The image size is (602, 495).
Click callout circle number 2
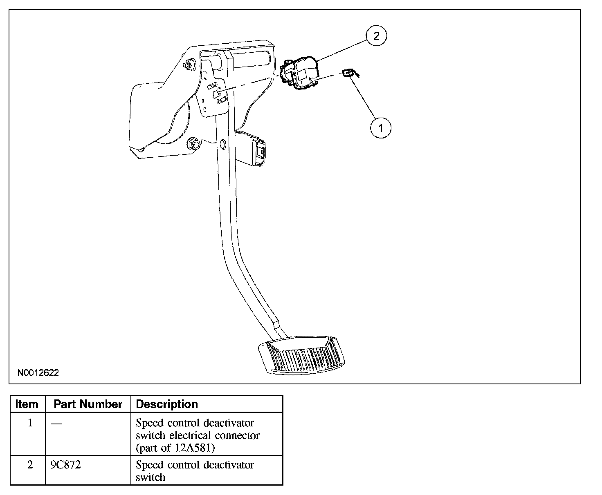pos(376,36)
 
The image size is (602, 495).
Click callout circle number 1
pos(380,128)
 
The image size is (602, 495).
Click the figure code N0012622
pos(38,373)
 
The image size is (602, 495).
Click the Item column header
pos(27,404)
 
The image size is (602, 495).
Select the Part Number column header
pos(88,404)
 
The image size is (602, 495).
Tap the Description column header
pos(167,404)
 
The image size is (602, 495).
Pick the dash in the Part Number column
pos(56,423)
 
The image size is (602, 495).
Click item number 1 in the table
pos(30,423)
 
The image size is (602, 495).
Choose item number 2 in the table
pos(30,465)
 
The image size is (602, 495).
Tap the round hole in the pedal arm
pos(222,144)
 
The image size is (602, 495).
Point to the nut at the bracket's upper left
pos(189,65)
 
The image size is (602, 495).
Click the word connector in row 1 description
pos(237,435)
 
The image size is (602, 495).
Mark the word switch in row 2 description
pos(150,477)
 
